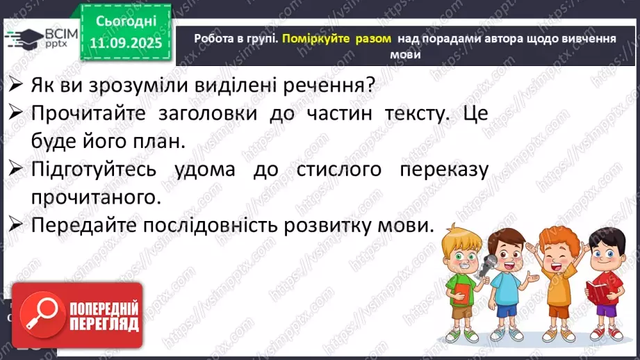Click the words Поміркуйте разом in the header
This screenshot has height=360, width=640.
pyautogui.click(x=336, y=40)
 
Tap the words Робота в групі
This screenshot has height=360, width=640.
pyautogui.click(x=236, y=40)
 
